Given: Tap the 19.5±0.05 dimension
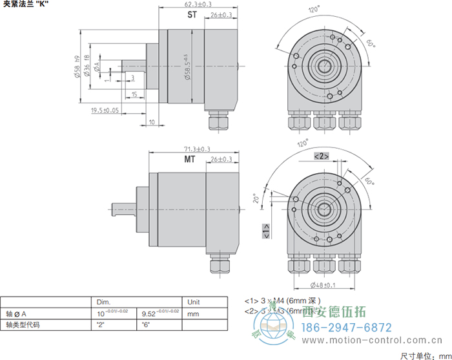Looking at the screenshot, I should point(105,111).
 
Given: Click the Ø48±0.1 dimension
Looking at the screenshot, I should point(324,285).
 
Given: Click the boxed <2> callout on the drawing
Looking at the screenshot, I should point(321,156).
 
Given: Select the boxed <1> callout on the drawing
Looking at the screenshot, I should point(266,231).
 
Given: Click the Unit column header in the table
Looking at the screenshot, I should point(194,302).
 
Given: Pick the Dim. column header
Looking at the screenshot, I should point(103,302).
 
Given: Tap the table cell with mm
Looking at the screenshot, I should point(192,313).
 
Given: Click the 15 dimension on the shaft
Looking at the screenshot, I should point(134,94).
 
